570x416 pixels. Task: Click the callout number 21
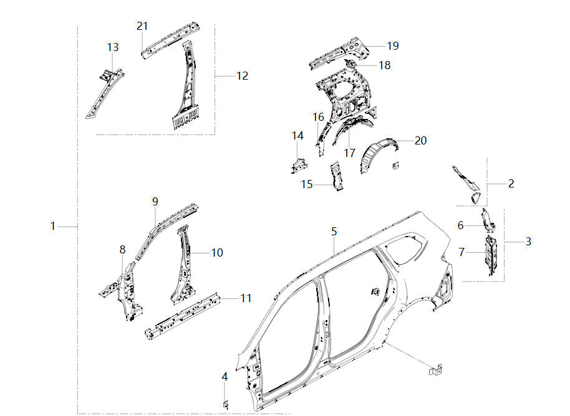pyautogui.click(x=142, y=26)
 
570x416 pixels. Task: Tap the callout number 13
pyautogui.click(x=112, y=47)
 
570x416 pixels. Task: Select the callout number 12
pyautogui.click(x=242, y=76)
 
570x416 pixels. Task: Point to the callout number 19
pyautogui.click(x=392, y=45)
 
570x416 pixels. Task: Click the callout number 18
pyautogui.click(x=385, y=65)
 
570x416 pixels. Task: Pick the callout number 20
pyautogui.click(x=420, y=141)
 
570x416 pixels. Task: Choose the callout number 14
pyautogui.click(x=297, y=136)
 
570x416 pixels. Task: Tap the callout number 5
pyautogui.click(x=334, y=231)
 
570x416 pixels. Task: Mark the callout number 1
pyautogui.click(x=53, y=225)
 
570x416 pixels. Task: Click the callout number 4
pyautogui.click(x=225, y=376)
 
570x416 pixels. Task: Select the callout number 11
pyautogui.click(x=246, y=298)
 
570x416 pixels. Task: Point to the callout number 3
pyautogui.click(x=528, y=241)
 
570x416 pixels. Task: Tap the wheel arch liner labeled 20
pyautogui.click(x=379, y=154)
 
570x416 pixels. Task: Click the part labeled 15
pyautogui.click(x=336, y=176)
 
